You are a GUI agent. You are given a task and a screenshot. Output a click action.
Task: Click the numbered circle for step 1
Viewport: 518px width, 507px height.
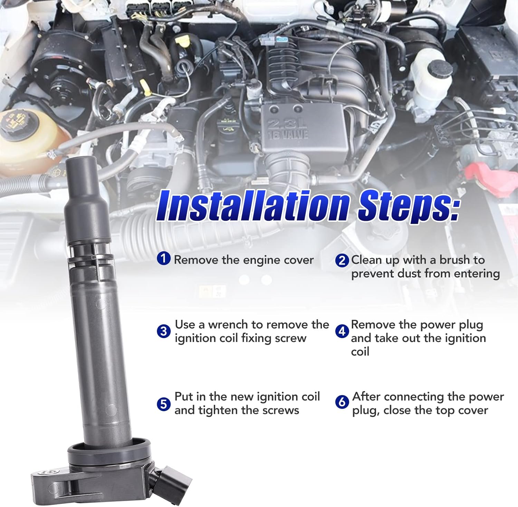pyautogui.click(x=164, y=258)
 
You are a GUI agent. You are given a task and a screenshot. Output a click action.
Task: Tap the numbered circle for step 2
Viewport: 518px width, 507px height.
pyautogui.click(x=342, y=260)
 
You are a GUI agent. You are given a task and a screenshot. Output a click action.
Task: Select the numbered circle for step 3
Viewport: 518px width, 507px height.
pyautogui.click(x=164, y=331)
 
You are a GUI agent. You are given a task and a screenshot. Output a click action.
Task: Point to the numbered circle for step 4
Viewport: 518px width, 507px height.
pyautogui.click(x=342, y=331)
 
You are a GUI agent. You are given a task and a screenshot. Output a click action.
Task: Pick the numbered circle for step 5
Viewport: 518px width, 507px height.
pyautogui.click(x=164, y=404)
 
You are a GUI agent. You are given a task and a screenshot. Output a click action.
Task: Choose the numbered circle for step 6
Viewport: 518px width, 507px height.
pyautogui.click(x=342, y=402)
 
